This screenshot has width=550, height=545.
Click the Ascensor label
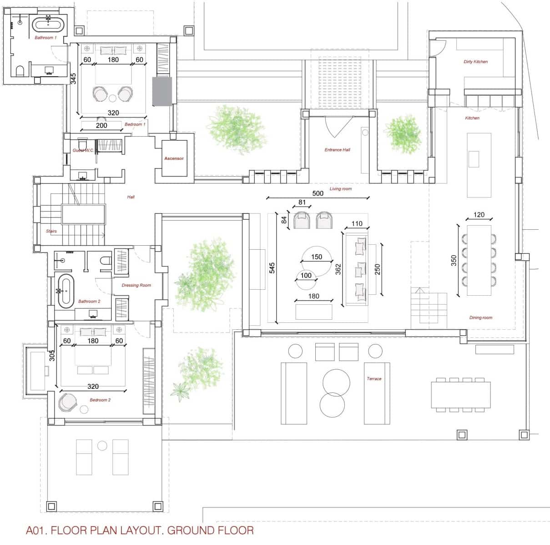(174, 159)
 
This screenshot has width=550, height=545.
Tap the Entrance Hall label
(337, 149)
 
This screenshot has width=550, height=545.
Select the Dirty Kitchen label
(475, 62)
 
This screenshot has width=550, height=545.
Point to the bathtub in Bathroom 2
(66, 291)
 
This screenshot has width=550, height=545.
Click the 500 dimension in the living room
(318, 193)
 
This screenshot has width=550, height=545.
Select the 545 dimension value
(272, 268)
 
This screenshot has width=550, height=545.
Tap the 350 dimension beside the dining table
(454, 260)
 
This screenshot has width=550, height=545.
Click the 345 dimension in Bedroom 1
(73, 78)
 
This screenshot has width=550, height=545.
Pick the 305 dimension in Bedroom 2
(52, 355)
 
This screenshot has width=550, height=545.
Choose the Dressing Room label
(136, 285)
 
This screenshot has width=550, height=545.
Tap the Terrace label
(374, 378)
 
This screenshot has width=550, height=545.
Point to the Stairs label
(51, 231)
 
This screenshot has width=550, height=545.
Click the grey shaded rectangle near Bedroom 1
(162, 91)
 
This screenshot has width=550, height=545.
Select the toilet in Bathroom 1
(20, 71)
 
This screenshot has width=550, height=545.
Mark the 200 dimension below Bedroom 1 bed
(101, 125)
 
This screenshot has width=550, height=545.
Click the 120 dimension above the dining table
(479, 214)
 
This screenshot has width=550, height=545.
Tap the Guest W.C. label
(83, 150)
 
